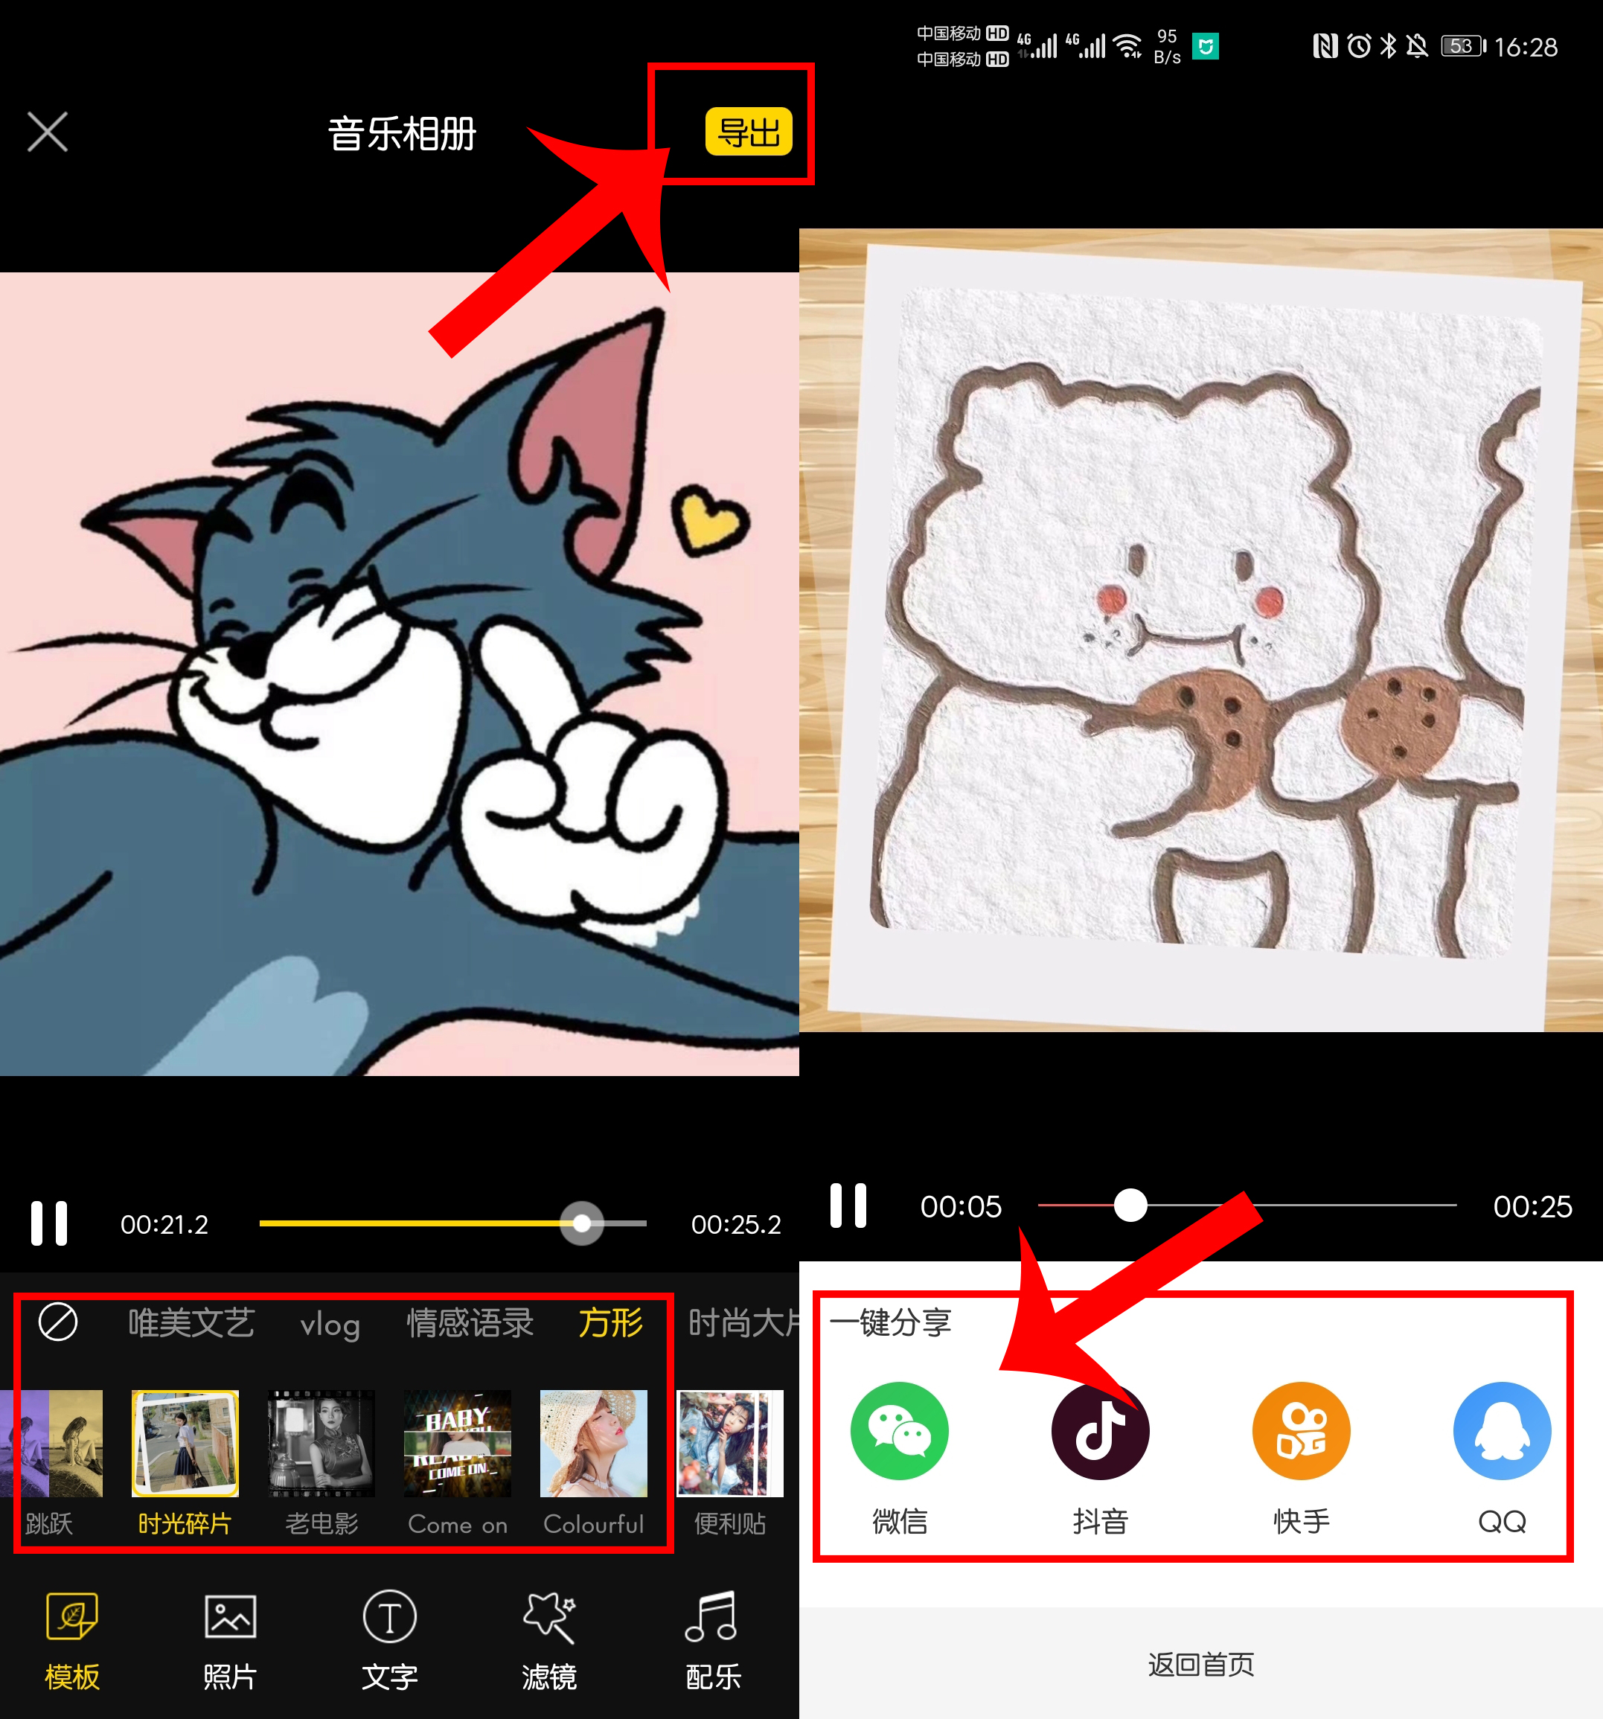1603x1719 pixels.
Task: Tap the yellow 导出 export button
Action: click(748, 132)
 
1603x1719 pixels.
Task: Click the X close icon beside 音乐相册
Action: click(48, 132)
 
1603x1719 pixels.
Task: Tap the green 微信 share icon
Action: click(899, 1431)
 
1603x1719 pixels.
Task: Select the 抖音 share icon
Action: click(1100, 1431)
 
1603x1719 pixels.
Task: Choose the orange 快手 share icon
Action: click(1300, 1431)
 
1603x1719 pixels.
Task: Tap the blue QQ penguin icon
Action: click(1502, 1431)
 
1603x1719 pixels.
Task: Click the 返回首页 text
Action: click(1200, 1664)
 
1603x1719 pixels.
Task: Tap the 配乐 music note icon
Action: click(711, 1616)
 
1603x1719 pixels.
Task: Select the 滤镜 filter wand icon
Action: click(549, 1616)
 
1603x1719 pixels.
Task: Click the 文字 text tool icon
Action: click(389, 1616)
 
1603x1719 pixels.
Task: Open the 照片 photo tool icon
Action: click(230, 1616)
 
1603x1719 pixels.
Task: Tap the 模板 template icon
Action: click(71, 1616)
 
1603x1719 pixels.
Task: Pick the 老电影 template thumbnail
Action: click(321, 1443)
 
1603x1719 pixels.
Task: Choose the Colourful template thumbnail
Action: click(593, 1443)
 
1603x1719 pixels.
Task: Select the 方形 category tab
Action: click(610, 1323)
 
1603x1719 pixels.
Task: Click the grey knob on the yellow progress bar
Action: click(582, 1223)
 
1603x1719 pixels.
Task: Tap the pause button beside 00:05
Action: click(848, 1206)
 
